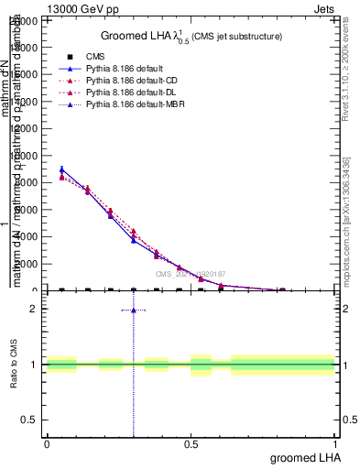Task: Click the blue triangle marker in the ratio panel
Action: (x=134, y=310)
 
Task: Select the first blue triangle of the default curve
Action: (x=61, y=169)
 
